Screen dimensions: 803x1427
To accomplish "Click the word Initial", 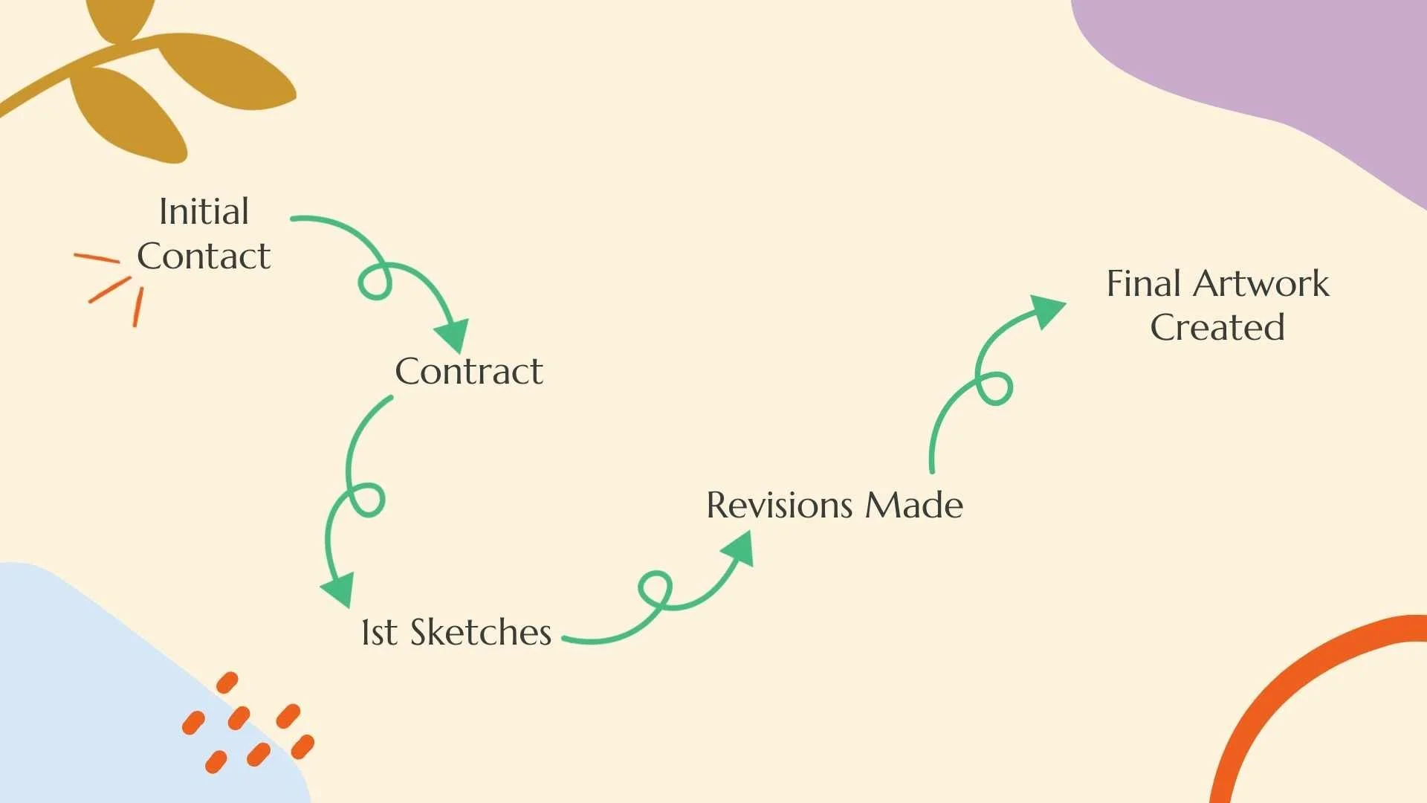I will pyautogui.click(x=204, y=212).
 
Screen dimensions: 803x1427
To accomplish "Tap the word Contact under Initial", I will pyautogui.click(x=204, y=257).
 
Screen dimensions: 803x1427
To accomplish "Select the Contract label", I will pyautogui.click(x=469, y=372).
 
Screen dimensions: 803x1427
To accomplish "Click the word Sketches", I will pyautogui.click(x=480, y=633).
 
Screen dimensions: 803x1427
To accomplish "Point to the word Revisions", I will pyautogui.click(x=779, y=506).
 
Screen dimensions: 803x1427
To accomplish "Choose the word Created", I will pyautogui.click(x=1217, y=328).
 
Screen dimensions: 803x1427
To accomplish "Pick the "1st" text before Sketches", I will pyautogui.click(x=379, y=633).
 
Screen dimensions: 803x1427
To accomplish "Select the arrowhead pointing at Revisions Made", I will pyautogui.click(x=739, y=549).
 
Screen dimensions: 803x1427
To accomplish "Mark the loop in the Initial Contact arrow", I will pyautogui.click(x=375, y=281).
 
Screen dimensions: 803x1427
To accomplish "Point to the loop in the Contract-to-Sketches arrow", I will pyautogui.click(x=366, y=500).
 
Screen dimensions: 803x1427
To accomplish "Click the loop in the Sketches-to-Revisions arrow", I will pyautogui.click(x=656, y=590).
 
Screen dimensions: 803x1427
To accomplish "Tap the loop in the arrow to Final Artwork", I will pyautogui.click(x=994, y=388).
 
